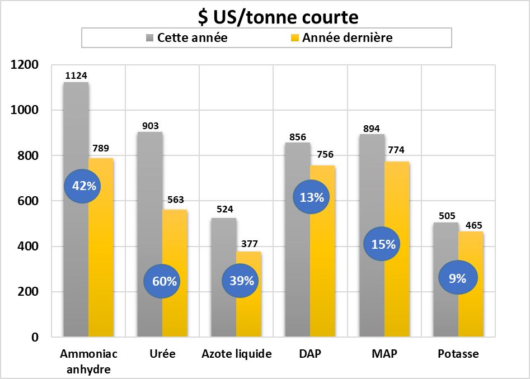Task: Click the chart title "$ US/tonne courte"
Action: pos(278,17)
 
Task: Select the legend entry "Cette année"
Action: pos(191,38)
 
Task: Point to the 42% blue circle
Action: pos(84,186)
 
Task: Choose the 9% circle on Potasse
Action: pos(457,278)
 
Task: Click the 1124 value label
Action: pos(76,75)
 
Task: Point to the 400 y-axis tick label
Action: pos(29,247)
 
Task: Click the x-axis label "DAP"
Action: pos(309,354)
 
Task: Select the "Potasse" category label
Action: pos(458,354)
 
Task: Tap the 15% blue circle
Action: pos(383,244)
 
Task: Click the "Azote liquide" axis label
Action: pos(236,354)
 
